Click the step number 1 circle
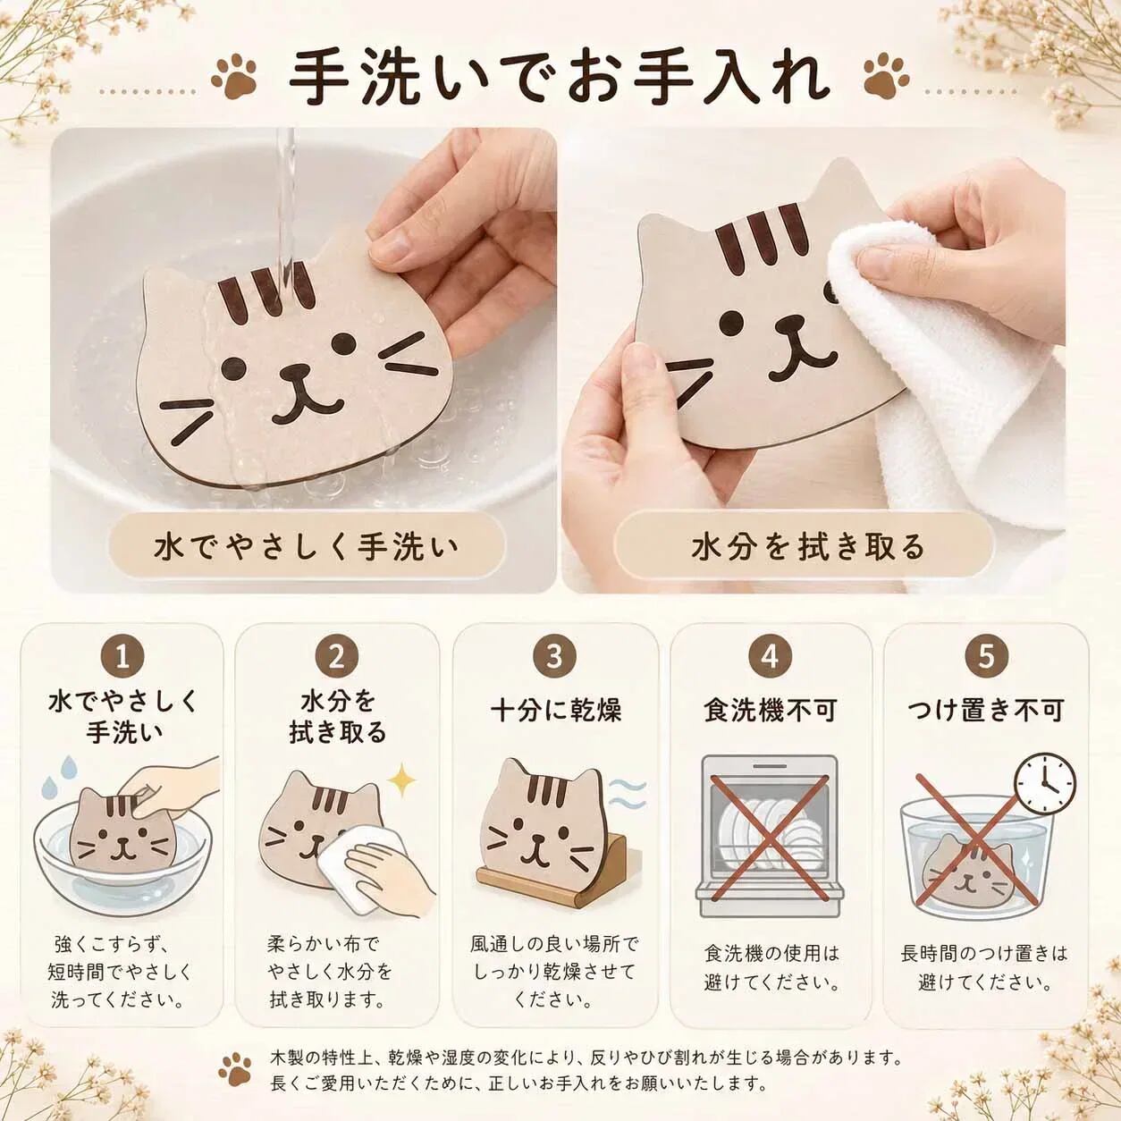(122, 657)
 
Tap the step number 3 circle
(555, 656)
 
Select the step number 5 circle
(987, 656)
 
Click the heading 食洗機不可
(771, 711)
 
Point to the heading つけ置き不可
(987, 711)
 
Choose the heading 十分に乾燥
(555, 711)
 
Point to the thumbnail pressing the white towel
(880, 259)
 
